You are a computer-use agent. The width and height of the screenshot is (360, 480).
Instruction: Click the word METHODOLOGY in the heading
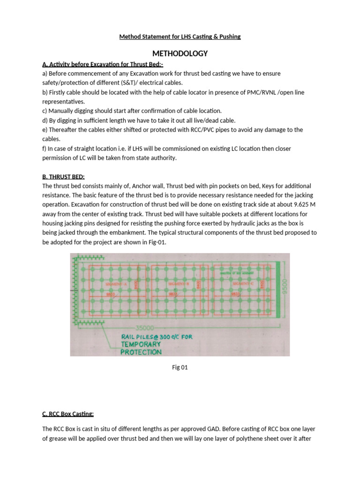180,53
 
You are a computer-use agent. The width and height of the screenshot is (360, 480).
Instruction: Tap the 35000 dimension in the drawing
142,328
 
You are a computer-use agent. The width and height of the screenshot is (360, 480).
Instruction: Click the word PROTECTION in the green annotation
141,352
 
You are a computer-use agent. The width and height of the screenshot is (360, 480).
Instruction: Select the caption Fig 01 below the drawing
180,367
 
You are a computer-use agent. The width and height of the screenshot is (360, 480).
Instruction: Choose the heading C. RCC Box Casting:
68,413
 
